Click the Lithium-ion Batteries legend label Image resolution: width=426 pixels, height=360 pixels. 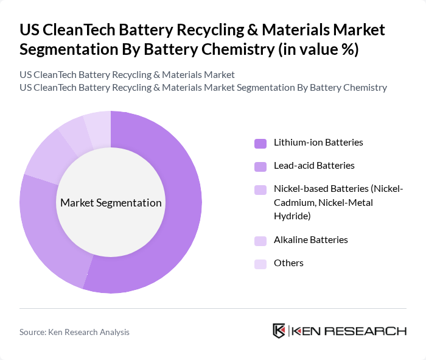coord(318,143)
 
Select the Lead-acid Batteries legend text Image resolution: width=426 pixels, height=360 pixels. coord(313,166)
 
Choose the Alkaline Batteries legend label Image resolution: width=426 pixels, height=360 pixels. coord(310,240)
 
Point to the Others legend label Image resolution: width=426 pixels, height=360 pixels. coord(288,263)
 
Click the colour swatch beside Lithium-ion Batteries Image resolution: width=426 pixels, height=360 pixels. coord(260,143)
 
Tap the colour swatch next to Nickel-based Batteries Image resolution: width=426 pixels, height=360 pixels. coord(260,190)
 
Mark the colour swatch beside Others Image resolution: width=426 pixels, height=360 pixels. coord(260,264)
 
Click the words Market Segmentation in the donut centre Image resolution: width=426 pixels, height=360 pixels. coord(111,203)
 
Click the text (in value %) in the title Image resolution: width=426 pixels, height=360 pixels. coord(318,50)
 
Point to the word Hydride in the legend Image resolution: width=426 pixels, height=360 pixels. coord(292,216)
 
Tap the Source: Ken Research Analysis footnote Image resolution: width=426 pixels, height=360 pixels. coord(74,332)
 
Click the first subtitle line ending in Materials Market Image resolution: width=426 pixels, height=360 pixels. coord(127,75)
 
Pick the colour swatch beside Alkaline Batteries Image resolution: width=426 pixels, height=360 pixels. coord(260,241)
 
